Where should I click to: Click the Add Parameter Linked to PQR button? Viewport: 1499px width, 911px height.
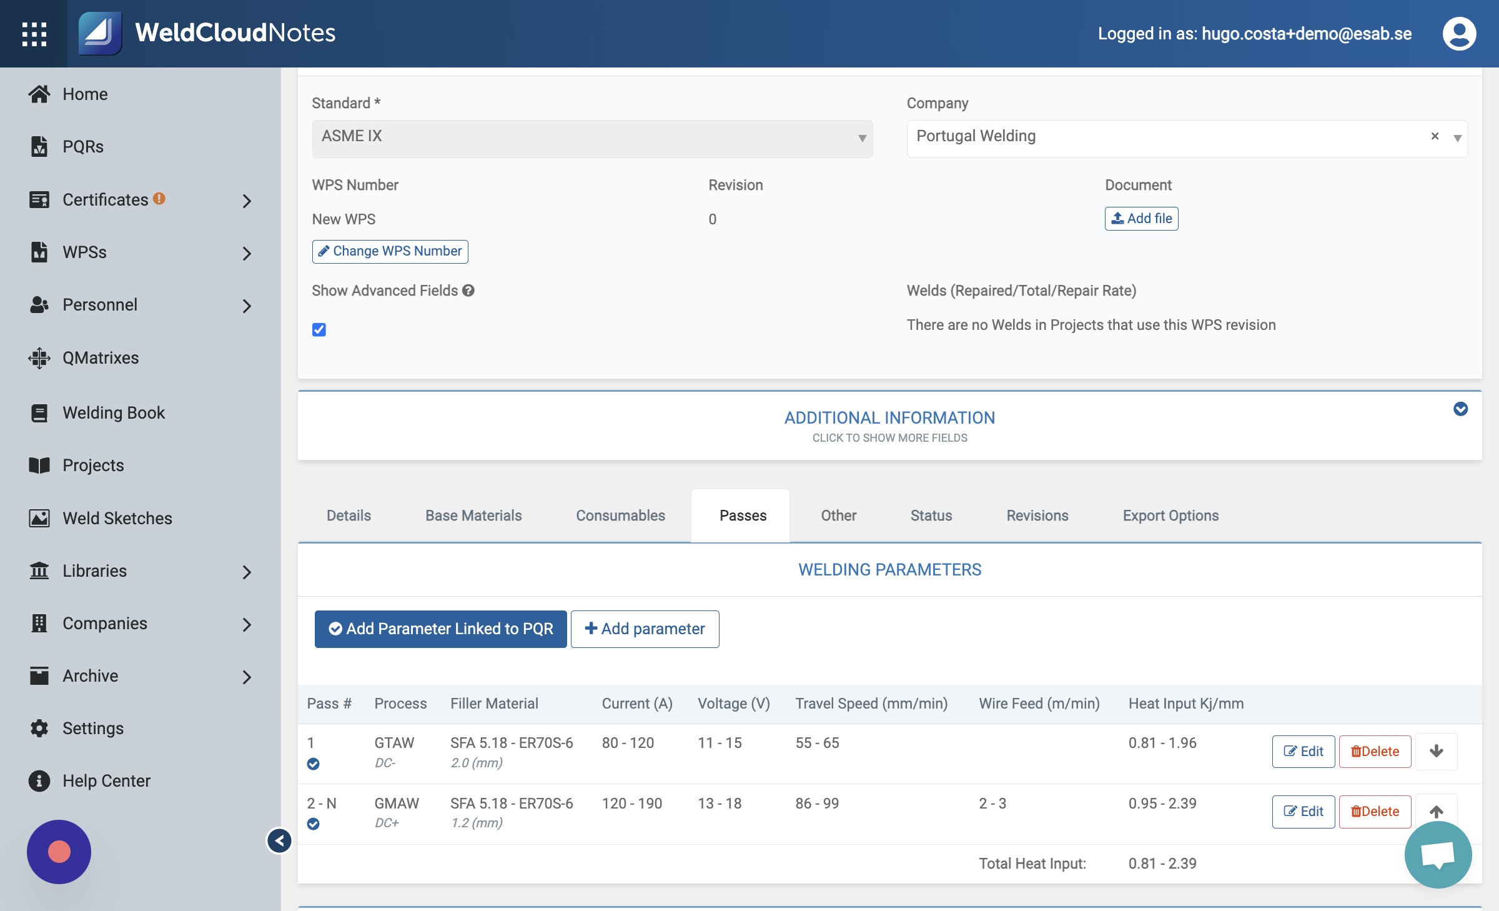point(440,629)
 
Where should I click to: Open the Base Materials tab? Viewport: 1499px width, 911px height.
point(473,515)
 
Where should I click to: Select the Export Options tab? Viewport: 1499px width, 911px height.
point(1170,515)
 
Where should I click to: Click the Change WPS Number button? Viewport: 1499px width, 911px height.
point(390,251)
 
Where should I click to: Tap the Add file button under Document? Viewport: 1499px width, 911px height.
point(1141,219)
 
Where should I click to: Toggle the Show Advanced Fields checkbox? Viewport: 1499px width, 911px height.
point(319,329)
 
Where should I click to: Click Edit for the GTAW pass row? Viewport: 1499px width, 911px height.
point(1304,751)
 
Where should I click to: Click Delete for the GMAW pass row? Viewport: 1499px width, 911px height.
point(1375,811)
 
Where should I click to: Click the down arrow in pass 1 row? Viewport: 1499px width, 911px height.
point(1436,751)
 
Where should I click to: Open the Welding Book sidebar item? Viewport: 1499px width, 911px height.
point(114,412)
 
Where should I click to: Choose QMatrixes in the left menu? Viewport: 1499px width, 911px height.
point(101,357)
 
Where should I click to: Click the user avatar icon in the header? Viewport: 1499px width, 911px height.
point(1459,34)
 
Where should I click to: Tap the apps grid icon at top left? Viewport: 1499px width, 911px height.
point(34,34)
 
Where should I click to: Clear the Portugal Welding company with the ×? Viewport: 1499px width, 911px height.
point(1435,136)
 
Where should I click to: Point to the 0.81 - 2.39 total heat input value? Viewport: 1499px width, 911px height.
point(1162,864)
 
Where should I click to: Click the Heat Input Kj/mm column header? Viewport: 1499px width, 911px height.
point(1185,704)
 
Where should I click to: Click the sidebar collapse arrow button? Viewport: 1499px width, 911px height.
point(279,840)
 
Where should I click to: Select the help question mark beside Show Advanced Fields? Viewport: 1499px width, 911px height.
point(468,291)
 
